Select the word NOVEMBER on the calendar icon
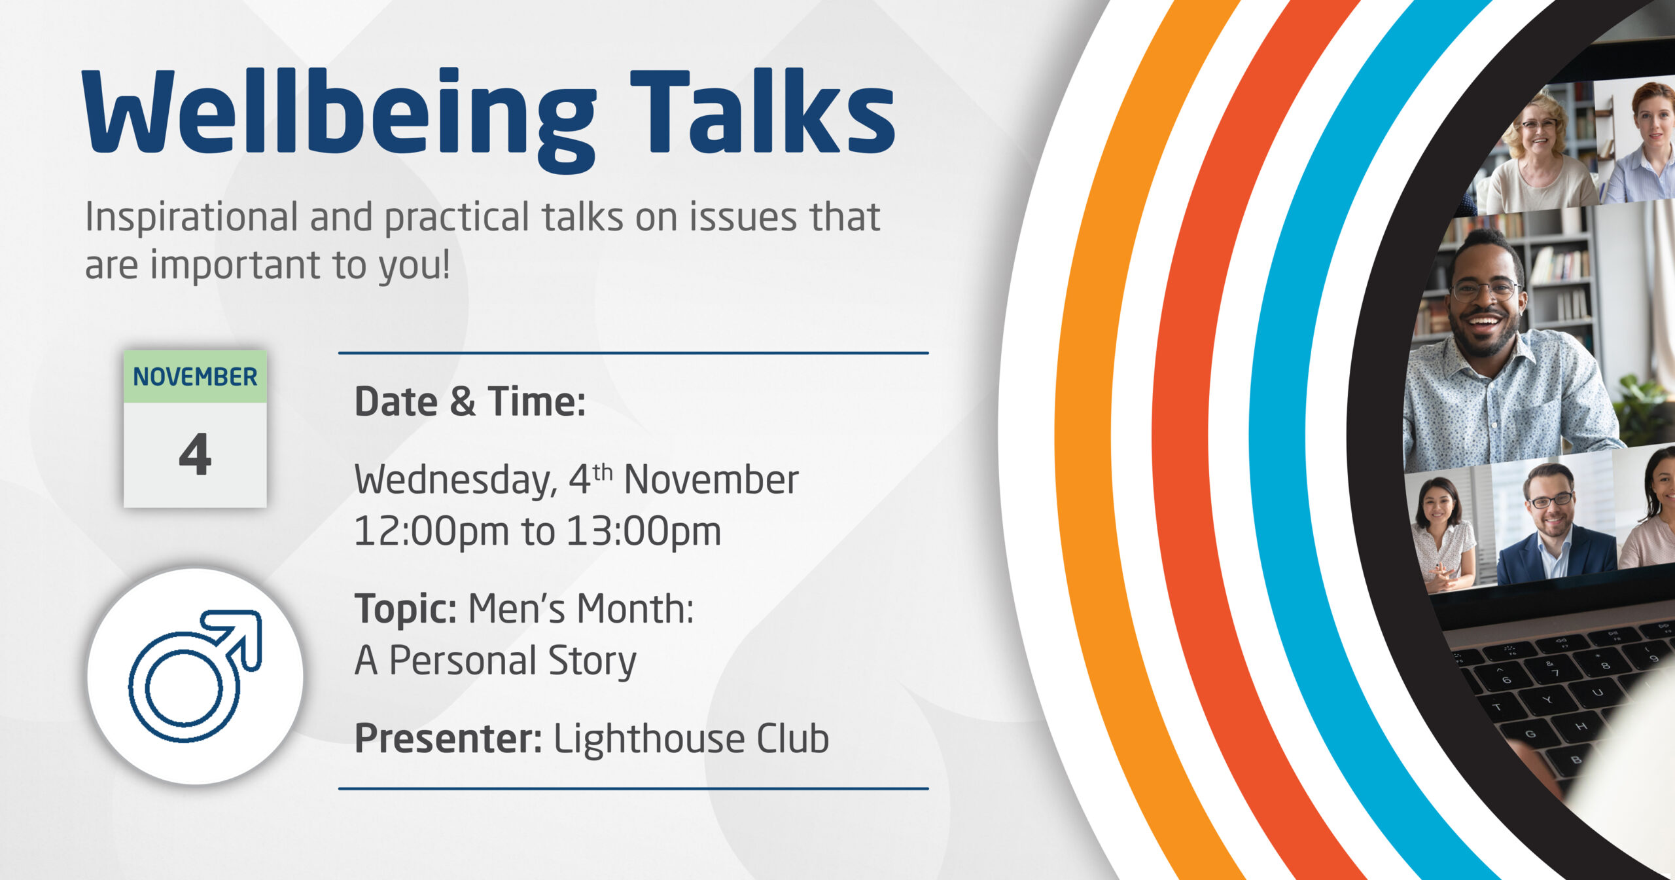pyautogui.click(x=195, y=376)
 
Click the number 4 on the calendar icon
pyautogui.click(x=195, y=454)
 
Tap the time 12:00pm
pyautogui.click(x=431, y=532)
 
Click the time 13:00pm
pyautogui.click(x=644, y=532)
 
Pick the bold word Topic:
pyautogui.click(x=406, y=610)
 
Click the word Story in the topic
pyautogui.click(x=592, y=662)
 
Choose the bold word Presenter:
pyautogui.click(x=448, y=739)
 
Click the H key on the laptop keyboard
pyautogui.click(x=1581, y=726)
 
